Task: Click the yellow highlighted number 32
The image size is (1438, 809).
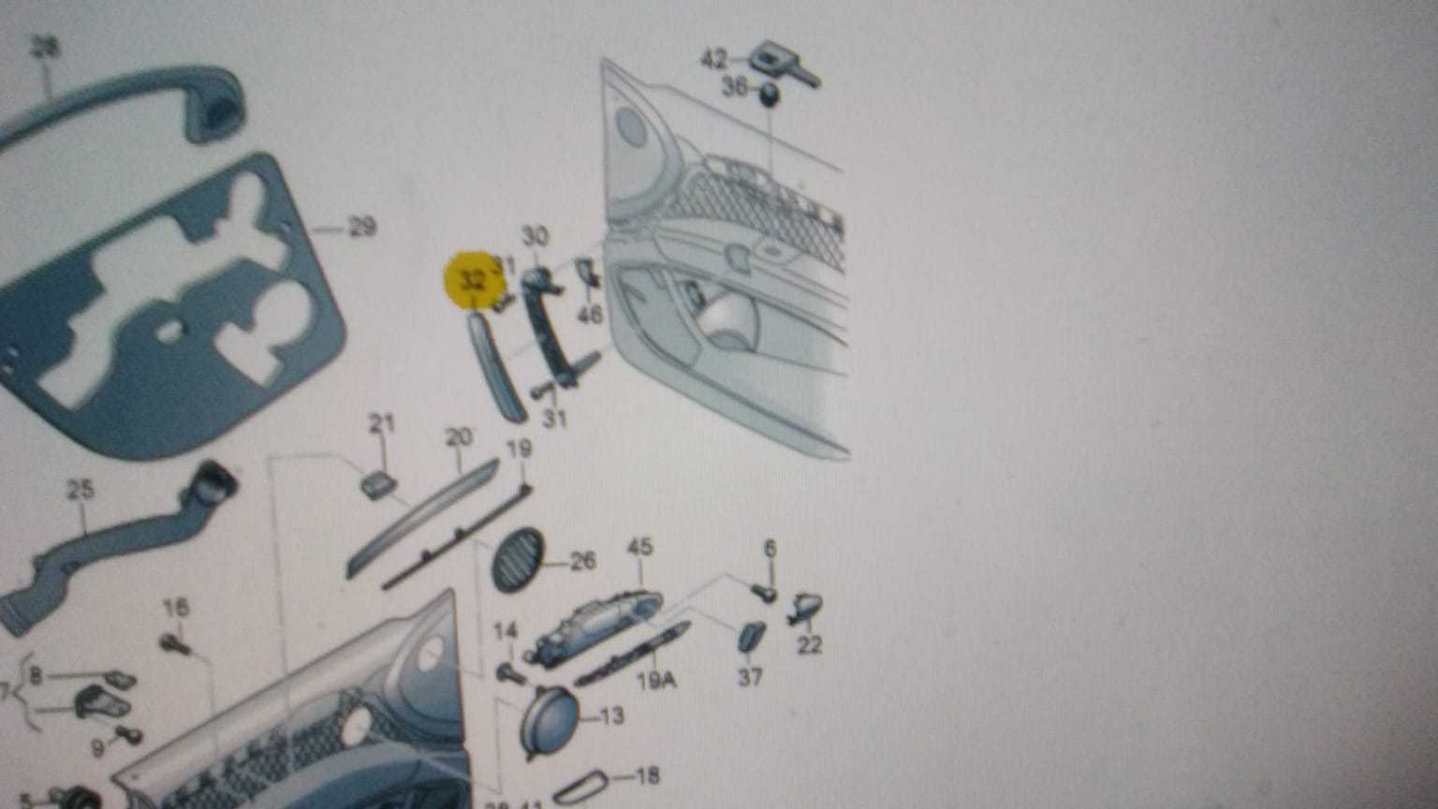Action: tap(474, 279)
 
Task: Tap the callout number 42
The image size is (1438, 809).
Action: tap(714, 60)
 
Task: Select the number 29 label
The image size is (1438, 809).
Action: tap(360, 227)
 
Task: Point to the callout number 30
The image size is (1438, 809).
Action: tap(535, 237)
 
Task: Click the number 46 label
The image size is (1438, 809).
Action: tap(591, 314)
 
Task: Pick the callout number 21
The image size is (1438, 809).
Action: tap(381, 424)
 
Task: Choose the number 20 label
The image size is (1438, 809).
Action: tap(458, 437)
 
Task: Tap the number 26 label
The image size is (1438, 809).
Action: tap(582, 562)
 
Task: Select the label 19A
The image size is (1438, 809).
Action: tap(656, 681)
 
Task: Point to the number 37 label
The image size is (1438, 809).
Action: tap(750, 676)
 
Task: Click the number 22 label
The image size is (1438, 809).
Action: tap(810, 645)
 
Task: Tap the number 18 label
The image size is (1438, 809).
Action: tap(647, 775)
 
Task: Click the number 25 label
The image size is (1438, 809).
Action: tap(81, 489)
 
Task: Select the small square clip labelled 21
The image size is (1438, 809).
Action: tap(378, 485)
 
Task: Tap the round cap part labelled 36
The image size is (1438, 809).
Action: tap(769, 95)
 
